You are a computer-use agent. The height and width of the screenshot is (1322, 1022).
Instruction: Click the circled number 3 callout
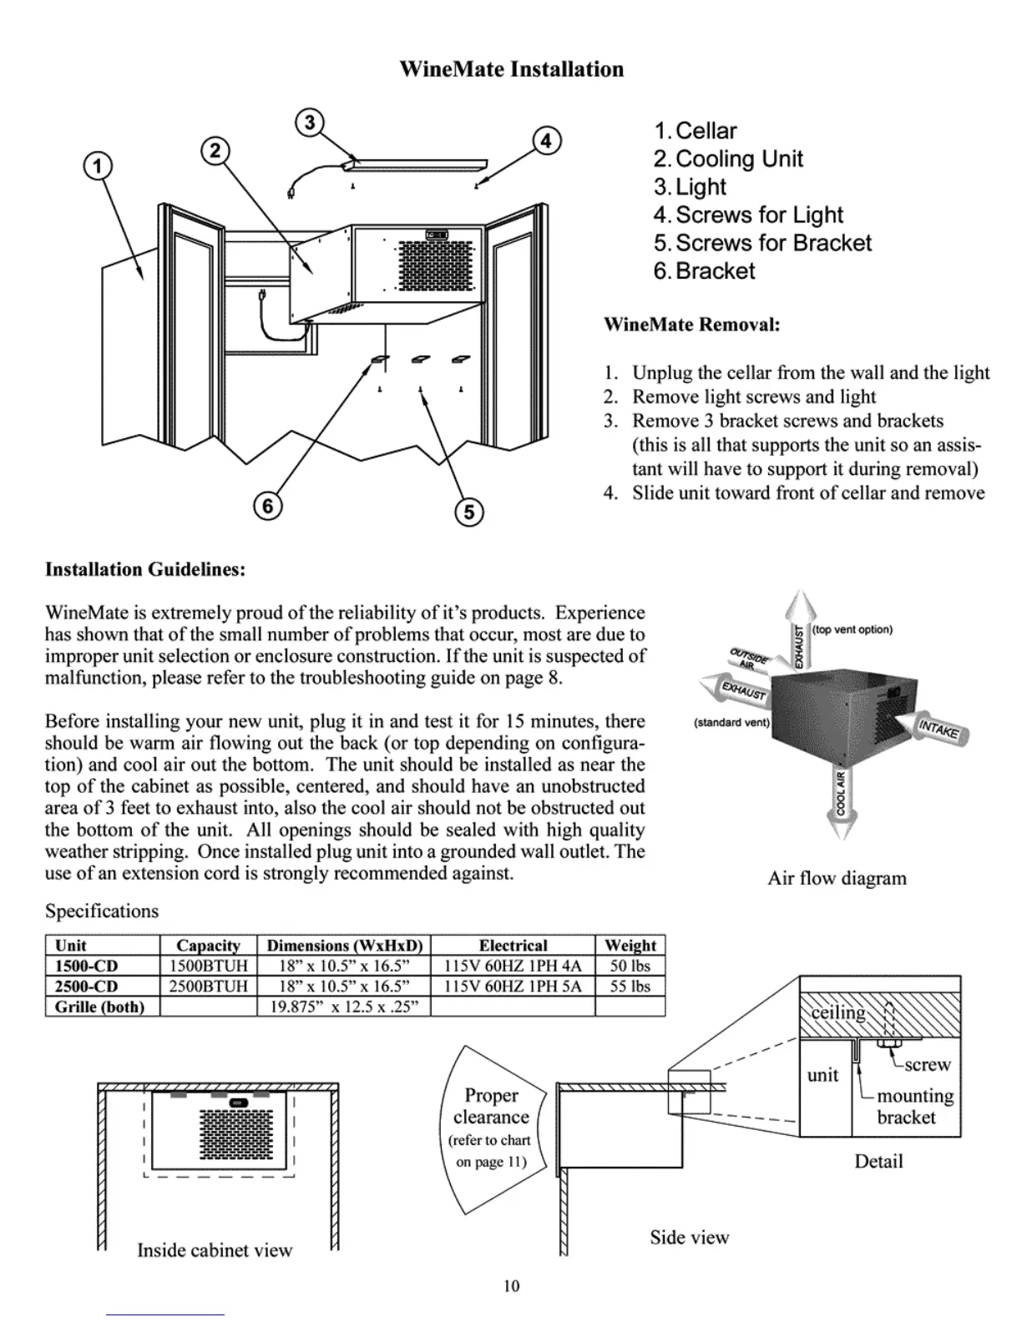[x=310, y=123]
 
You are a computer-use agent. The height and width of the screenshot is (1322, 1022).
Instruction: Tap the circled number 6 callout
[x=268, y=506]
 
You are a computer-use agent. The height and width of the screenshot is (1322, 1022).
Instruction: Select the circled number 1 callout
[x=99, y=165]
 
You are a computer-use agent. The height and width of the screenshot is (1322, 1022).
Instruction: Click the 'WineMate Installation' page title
[x=511, y=69]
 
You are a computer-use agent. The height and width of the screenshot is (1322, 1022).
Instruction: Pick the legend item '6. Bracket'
[x=704, y=271]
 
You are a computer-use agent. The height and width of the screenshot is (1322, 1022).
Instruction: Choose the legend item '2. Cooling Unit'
[x=728, y=159]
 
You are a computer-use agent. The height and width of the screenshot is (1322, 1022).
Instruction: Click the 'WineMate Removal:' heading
[x=691, y=324]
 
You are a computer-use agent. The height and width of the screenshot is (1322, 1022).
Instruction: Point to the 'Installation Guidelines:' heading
[x=144, y=570]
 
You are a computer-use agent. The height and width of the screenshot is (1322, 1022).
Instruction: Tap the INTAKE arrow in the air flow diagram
[x=941, y=729]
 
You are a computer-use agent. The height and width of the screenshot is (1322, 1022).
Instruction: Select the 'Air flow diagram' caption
[x=837, y=878]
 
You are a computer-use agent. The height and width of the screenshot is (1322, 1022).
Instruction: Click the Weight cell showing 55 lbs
[x=630, y=986]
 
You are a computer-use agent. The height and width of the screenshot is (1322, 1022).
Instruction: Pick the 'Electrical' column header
[x=513, y=946]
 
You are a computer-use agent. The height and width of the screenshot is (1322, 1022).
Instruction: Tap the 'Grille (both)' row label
[x=99, y=1007]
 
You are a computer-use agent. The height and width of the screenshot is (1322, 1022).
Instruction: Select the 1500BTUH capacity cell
[x=208, y=966]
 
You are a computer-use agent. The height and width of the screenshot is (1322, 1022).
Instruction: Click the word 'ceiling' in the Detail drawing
[x=838, y=1012]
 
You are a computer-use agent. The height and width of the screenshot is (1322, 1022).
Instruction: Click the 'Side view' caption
[x=689, y=1237]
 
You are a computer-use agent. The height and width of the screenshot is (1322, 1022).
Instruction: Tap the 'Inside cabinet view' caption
[x=215, y=1250]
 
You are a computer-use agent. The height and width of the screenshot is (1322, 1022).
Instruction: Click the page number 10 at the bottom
[x=511, y=1286]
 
